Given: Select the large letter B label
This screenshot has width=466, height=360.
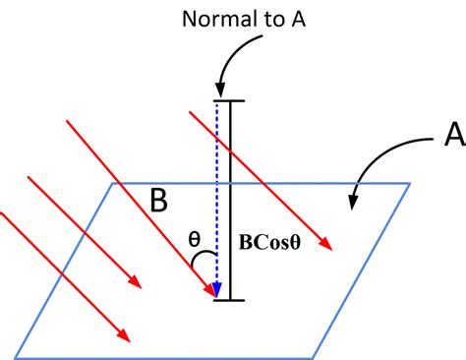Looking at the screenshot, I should click(x=158, y=202).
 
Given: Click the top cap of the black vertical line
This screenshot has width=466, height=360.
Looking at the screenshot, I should click(x=230, y=99).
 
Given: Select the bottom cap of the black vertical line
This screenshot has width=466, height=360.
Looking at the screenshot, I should click(x=230, y=299).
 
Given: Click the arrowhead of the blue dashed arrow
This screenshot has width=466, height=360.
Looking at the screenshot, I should click(x=217, y=292).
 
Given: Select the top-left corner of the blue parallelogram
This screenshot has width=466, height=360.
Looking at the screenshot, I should click(x=117, y=183).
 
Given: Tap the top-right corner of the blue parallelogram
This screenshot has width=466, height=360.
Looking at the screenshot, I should click(x=410, y=183).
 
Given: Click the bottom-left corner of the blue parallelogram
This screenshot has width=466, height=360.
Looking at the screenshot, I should click(x=17, y=355).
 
